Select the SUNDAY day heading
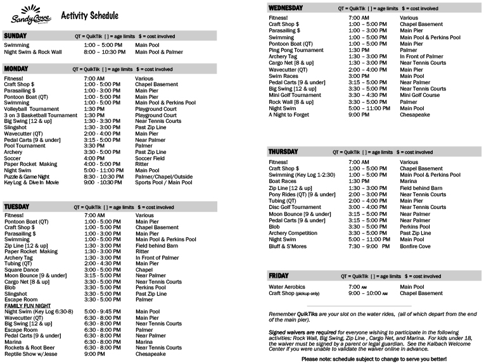[15, 36]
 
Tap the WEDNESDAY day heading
[286, 8]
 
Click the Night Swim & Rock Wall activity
[33, 52]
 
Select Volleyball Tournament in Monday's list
[31, 109]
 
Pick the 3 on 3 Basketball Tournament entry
[41, 115]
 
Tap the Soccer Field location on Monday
[150, 158]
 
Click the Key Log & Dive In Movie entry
[32, 182]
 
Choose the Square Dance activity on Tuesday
[22, 270]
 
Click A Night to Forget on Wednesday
[288, 115]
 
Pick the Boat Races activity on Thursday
[283, 181]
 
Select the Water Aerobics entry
[288, 287]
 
